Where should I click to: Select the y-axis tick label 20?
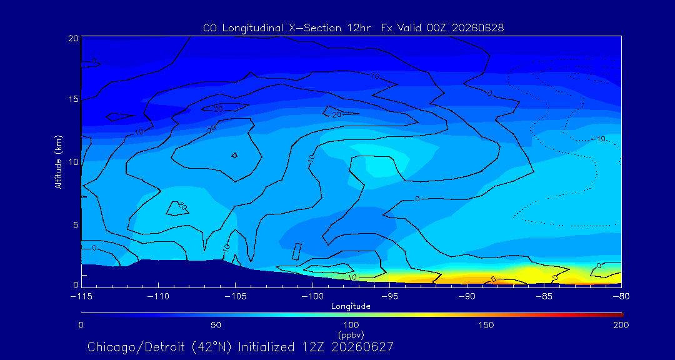tap(72, 38)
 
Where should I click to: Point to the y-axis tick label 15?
tap(73, 99)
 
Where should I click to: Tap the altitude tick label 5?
tap(76, 225)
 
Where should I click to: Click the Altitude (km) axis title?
tap(59, 162)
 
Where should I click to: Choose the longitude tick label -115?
tap(81, 297)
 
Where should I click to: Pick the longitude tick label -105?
tap(235, 297)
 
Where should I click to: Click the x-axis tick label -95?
tap(389, 297)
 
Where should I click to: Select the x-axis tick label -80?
tap(621, 297)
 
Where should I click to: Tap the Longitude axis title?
tap(351, 306)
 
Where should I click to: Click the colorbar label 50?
tap(216, 325)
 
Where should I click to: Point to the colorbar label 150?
tap(486, 325)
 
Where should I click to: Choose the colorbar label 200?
tap(621, 325)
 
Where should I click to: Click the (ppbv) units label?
tap(351, 334)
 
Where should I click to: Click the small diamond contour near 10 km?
tap(234, 156)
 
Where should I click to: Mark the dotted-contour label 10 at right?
tap(601, 139)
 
